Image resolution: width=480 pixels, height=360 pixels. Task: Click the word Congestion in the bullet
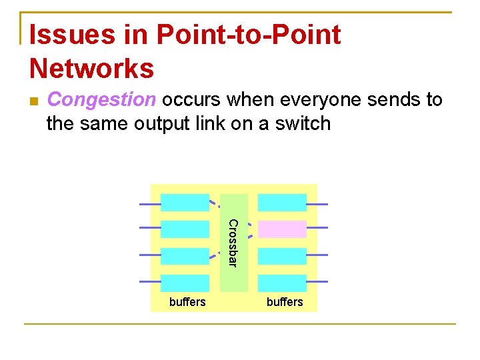(101, 100)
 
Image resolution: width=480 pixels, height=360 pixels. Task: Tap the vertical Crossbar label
(233, 243)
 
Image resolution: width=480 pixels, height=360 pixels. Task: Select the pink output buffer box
(282, 229)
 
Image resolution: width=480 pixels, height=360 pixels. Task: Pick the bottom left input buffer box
(185, 283)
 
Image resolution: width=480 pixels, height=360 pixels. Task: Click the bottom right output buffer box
(282, 283)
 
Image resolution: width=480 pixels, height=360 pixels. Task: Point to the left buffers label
(187, 302)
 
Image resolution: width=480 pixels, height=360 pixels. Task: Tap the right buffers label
(285, 302)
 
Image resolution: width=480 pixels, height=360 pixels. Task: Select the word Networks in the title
(92, 68)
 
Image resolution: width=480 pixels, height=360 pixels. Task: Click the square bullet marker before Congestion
(35, 101)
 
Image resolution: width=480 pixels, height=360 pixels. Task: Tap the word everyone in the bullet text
(305, 100)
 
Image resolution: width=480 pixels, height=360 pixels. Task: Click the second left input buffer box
(185, 229)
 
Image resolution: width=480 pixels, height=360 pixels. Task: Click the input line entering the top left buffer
(150, 203)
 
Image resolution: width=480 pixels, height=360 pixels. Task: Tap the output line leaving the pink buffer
(317, 227)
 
